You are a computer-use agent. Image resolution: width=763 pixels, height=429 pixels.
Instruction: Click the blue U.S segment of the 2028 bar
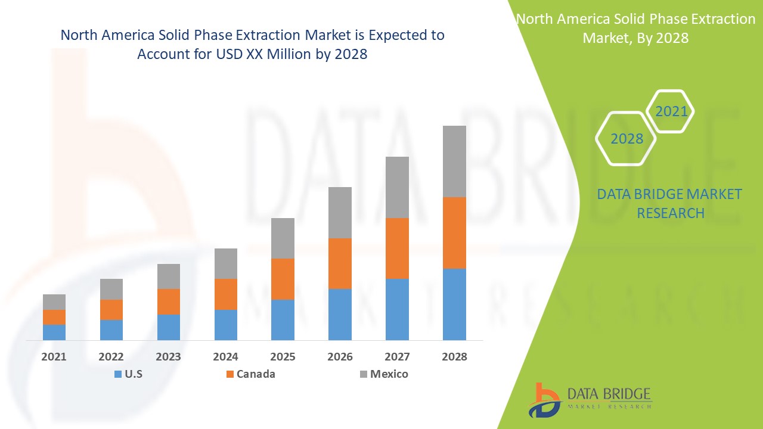click(x=454, y=304)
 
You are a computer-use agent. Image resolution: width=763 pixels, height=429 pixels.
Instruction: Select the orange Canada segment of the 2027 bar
click(x=397, y=248)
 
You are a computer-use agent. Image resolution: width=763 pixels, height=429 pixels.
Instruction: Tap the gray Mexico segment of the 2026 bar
click(x=340, y=212)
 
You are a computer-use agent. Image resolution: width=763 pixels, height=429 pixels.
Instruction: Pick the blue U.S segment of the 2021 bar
click(x=54, y=332)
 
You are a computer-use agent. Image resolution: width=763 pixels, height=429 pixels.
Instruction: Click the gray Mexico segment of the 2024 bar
click(x=225, y=263)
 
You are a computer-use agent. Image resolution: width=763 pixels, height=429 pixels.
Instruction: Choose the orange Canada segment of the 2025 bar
click(x=283, y=279)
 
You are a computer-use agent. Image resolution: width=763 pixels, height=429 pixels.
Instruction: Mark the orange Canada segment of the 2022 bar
click(x=111, y=309)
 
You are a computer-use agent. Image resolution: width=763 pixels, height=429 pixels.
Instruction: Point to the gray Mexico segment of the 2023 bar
click(x=169, y=276)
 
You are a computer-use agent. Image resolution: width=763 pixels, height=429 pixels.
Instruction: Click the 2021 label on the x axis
click(x=54, y=357)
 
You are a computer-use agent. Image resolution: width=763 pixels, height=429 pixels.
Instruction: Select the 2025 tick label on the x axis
click(x=283, y=357)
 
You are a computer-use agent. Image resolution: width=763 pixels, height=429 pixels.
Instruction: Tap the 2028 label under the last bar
click(x=454, y=357)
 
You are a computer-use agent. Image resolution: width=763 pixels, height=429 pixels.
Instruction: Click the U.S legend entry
click(x=127, y=374)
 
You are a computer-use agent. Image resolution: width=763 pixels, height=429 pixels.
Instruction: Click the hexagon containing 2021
click(x=671, y=111)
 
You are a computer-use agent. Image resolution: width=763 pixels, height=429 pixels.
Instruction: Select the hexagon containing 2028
click(x=626, y=139)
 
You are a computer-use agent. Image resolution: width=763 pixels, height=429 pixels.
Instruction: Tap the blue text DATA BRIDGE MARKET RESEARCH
click(x=669, y=203)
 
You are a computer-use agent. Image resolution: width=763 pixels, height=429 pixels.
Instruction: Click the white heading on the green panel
click(x=635, y=28)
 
